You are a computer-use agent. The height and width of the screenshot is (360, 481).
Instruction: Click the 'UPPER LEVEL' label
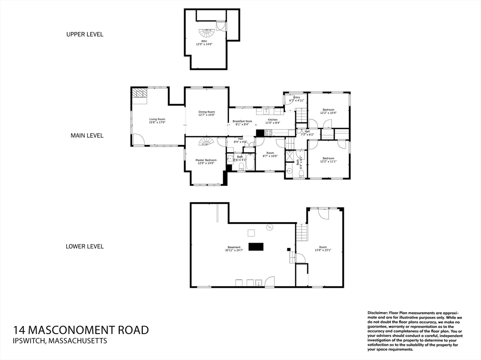pyautogui.click(x=85, y=34)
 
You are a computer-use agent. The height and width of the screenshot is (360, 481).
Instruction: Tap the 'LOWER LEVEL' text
pyautogui.click(x=85, y=246)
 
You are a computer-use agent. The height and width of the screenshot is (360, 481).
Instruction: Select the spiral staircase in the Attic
pyautogui.click(x=205, y=34)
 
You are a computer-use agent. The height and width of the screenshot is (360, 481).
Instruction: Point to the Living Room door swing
pyautogui.click(x=138, y=139)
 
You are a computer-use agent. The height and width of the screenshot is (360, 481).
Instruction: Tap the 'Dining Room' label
pyautogui.click(x=206, y=112)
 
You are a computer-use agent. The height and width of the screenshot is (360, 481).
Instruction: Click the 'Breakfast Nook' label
pyautogui.click(x=242, y=121)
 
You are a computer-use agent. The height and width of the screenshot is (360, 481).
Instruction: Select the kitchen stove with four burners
pyautogui.click(x=268, y=132)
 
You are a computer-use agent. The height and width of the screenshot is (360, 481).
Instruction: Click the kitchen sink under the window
pyautogui.click(x=266, y=111)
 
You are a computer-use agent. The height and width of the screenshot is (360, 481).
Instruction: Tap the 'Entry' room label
pyautogui.click(x=296, y=97)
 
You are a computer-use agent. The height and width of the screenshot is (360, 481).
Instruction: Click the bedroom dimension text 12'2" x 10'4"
pyautogui.click(x=328, y=113)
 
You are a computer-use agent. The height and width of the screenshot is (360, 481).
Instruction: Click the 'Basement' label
pyautogui.click(x=234, y=247)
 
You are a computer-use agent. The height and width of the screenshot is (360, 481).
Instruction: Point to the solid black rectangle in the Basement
pyautogui.click(x=256, y=247)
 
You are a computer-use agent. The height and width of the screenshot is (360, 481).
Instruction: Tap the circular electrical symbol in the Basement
pyautogui.click(x=270, y=228)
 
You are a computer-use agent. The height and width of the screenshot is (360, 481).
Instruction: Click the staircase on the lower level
pyautogui.click(x=302, y=232)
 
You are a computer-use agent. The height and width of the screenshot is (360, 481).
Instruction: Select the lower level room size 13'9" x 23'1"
pyautogui.click(x=323, y=250)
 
